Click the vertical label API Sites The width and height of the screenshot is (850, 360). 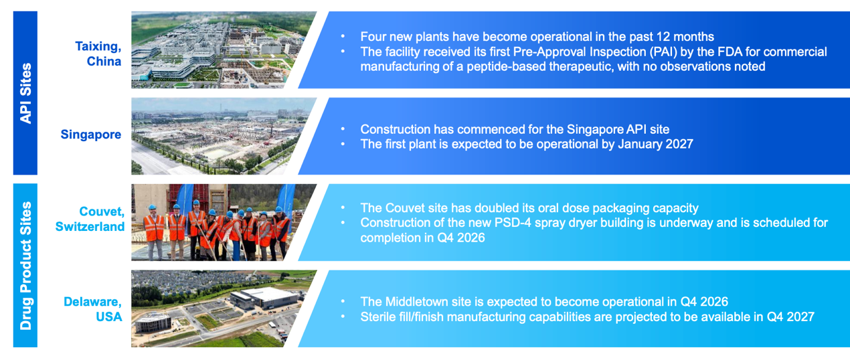(25, 93)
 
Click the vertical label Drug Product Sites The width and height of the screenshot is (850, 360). (25, 266)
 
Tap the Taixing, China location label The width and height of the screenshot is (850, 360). (98, 54)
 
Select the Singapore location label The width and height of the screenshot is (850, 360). (91, 134)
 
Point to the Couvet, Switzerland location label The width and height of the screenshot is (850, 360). (90, 219)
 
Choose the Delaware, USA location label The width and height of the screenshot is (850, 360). (93, 309)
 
